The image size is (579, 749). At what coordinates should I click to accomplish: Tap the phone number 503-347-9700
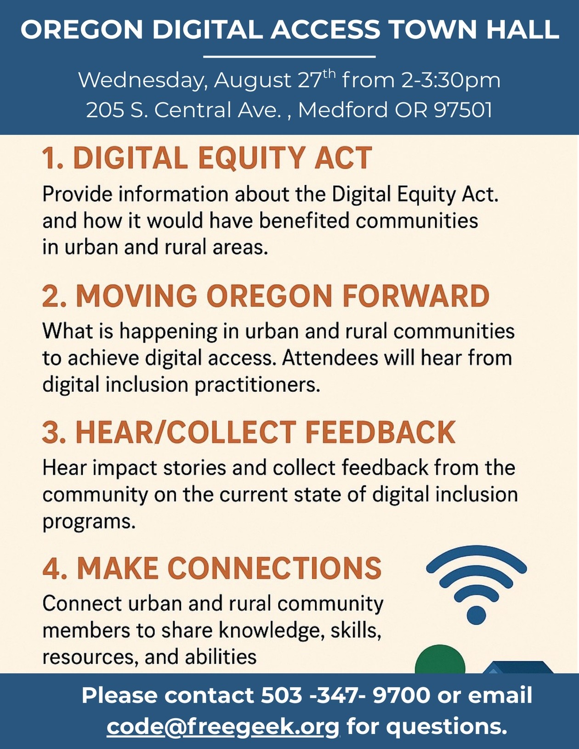(x=346, y=695)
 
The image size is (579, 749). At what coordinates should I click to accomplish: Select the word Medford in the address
(x=343, y=110)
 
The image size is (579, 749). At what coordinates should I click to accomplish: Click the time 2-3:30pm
(x=450, y=81)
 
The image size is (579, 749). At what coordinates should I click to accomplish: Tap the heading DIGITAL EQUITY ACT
(x=222, y=158)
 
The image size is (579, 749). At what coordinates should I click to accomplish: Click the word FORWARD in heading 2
(x=416, y=296)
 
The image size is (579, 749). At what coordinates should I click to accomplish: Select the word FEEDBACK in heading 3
(x=380, y=432)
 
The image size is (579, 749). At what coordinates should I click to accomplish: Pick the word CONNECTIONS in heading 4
(x=275, y=568)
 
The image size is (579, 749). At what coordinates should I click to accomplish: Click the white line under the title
(x=289, y=56)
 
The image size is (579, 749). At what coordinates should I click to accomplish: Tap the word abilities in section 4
(x=221, y=657)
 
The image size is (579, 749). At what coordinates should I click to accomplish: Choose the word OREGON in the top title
(x=82, y=29)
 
